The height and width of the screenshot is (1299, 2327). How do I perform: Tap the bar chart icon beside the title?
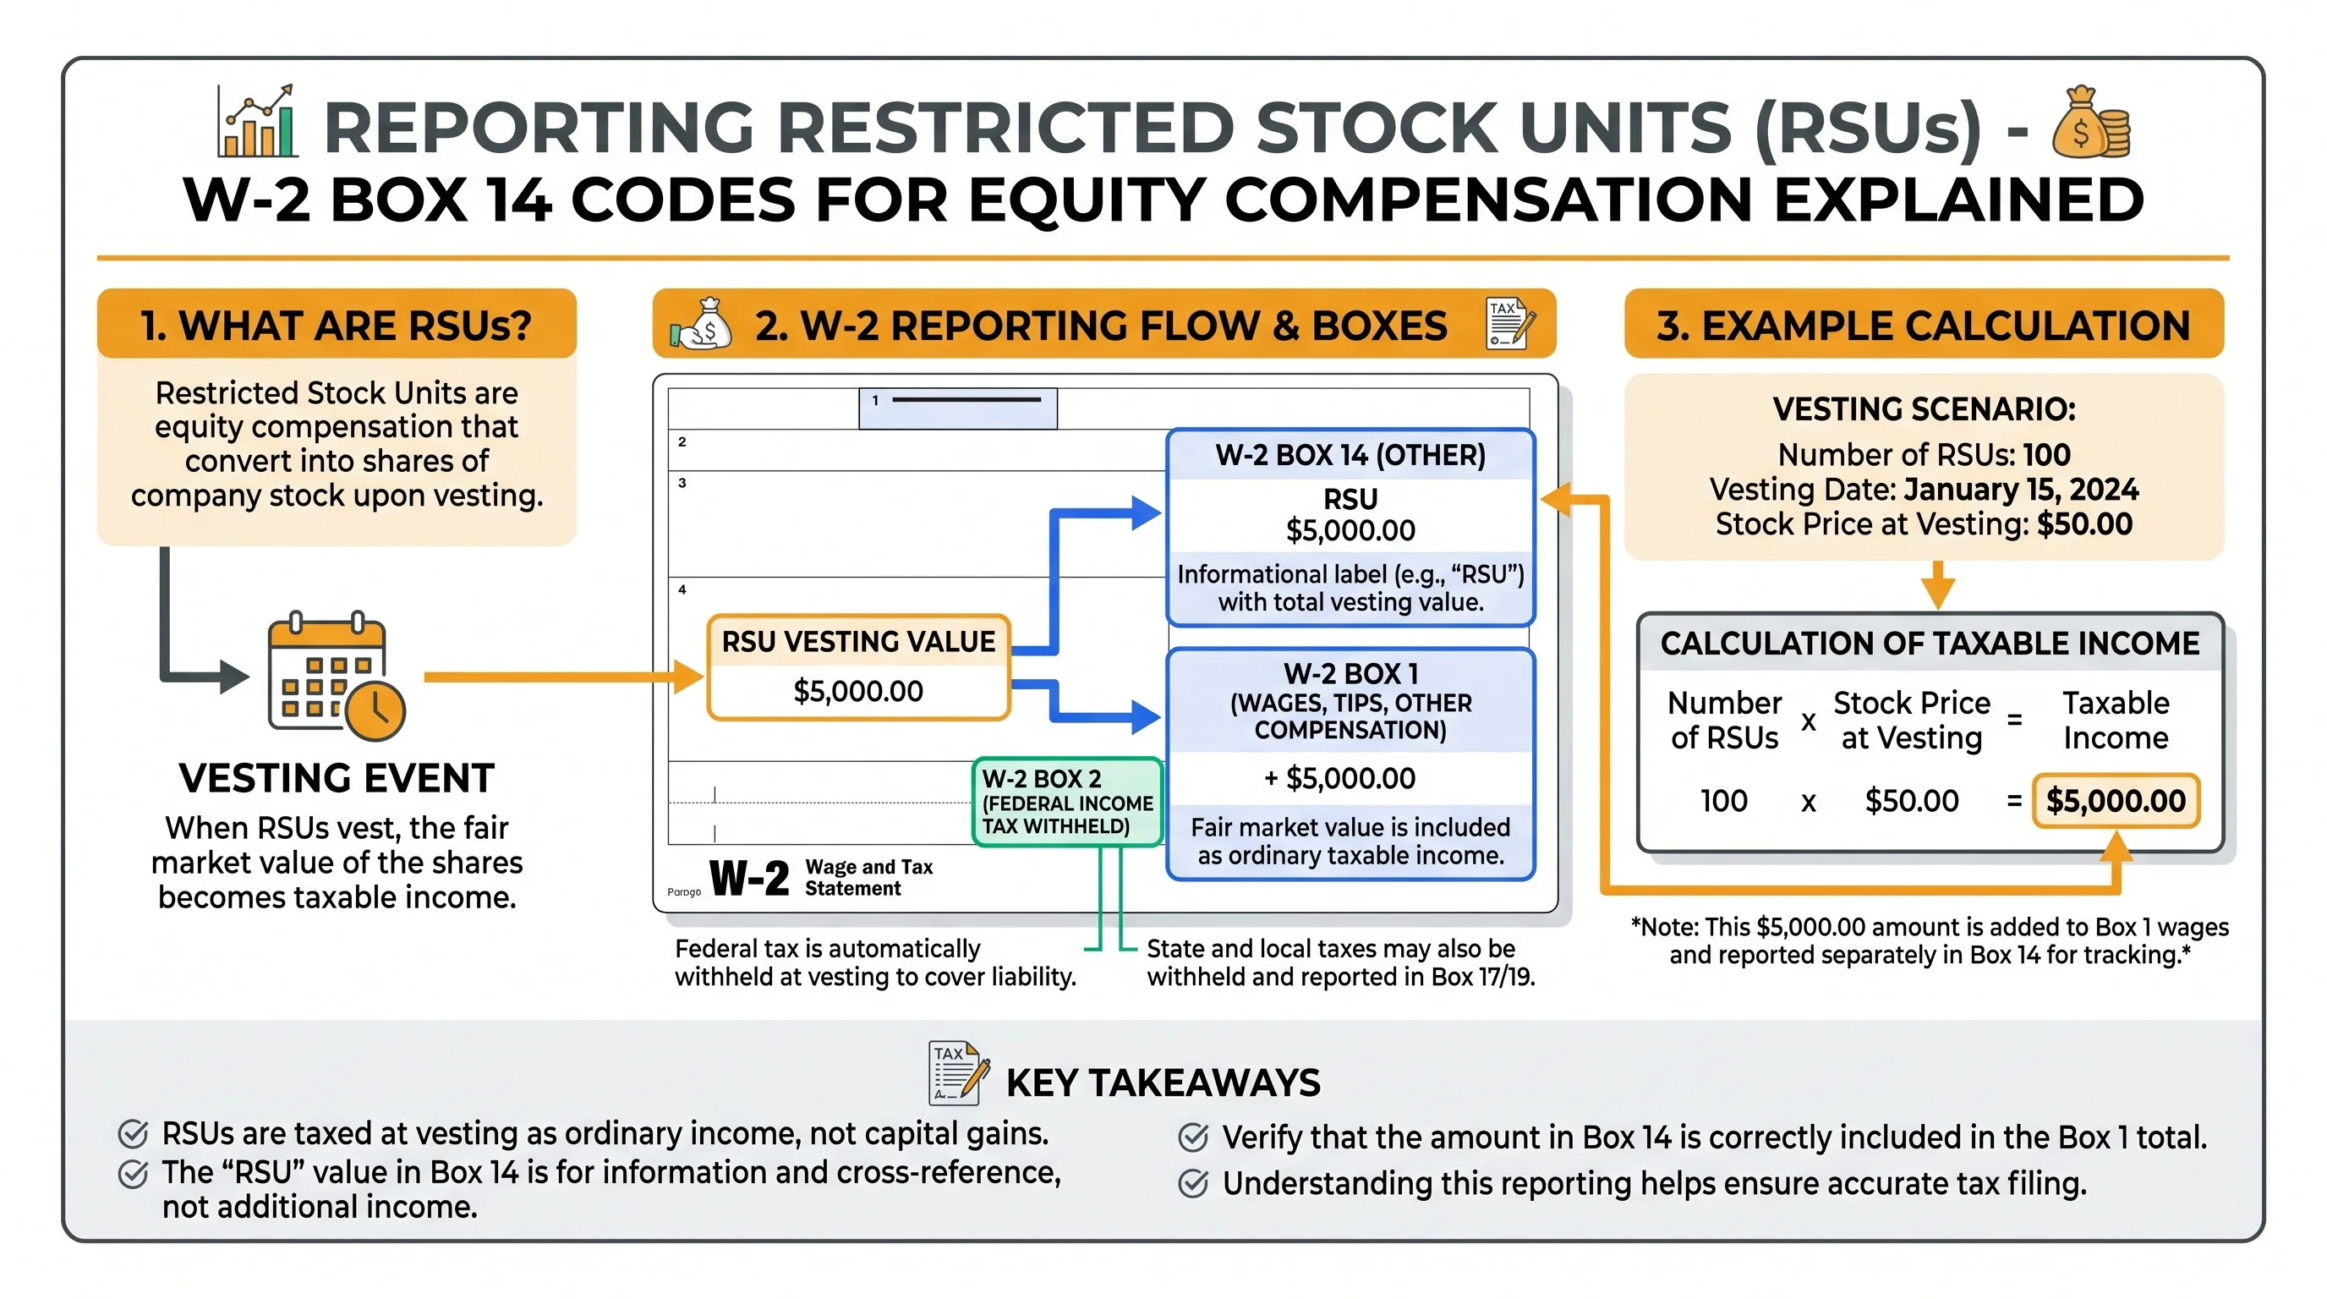pyautogui.click(x=256, y=123)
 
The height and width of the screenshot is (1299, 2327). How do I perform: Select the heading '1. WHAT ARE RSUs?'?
pyautogui.click(x=336, y=326)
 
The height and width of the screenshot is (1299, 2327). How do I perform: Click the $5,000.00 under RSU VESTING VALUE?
pyautogui.click(x=857, y=691)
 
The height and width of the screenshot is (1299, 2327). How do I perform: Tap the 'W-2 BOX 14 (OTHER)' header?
pyautogui.click(x=1350, y=455)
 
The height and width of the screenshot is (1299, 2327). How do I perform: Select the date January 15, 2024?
pyautogui.click(x=2020, y=490)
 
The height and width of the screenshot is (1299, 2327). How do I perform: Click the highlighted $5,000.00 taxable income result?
pyautogui.click(x=2115, y=800)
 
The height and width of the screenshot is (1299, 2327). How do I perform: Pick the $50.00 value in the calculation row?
pyautogui.click(x=1912, y=800)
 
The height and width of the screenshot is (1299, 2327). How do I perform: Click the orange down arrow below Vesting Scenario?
pyautogui.click(x=1939, y=585)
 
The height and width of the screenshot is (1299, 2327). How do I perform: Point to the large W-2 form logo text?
pyautogui.click(x=749, y=877)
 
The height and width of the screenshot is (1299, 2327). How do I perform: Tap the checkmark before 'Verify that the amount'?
pyautogui.click(x=1193, y=1137)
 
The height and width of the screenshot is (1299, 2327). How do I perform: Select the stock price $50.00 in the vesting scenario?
pyautogui.click(x=2084, y=524)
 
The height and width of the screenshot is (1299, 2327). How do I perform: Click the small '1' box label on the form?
pyautogui.click(x=874, y=400)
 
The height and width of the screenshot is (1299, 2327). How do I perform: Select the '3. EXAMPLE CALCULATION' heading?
pyautogui.click(x=1923, y=326)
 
